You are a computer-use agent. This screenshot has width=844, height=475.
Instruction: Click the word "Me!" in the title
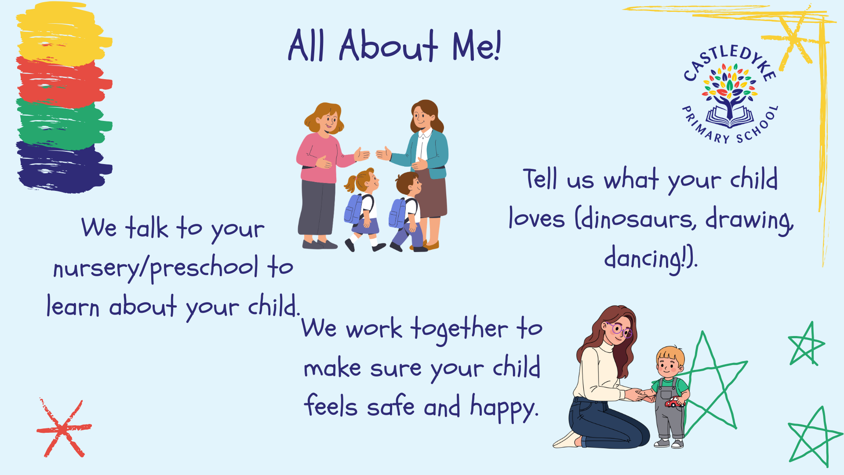coord(476,45)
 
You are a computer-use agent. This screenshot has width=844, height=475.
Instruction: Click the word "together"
coord(459,329)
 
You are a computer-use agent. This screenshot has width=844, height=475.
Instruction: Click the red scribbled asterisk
coord(64,428)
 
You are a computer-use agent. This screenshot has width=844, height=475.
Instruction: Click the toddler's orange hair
coord(670,354)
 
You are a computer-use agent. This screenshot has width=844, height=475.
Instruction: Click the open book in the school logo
coord(730,118)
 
